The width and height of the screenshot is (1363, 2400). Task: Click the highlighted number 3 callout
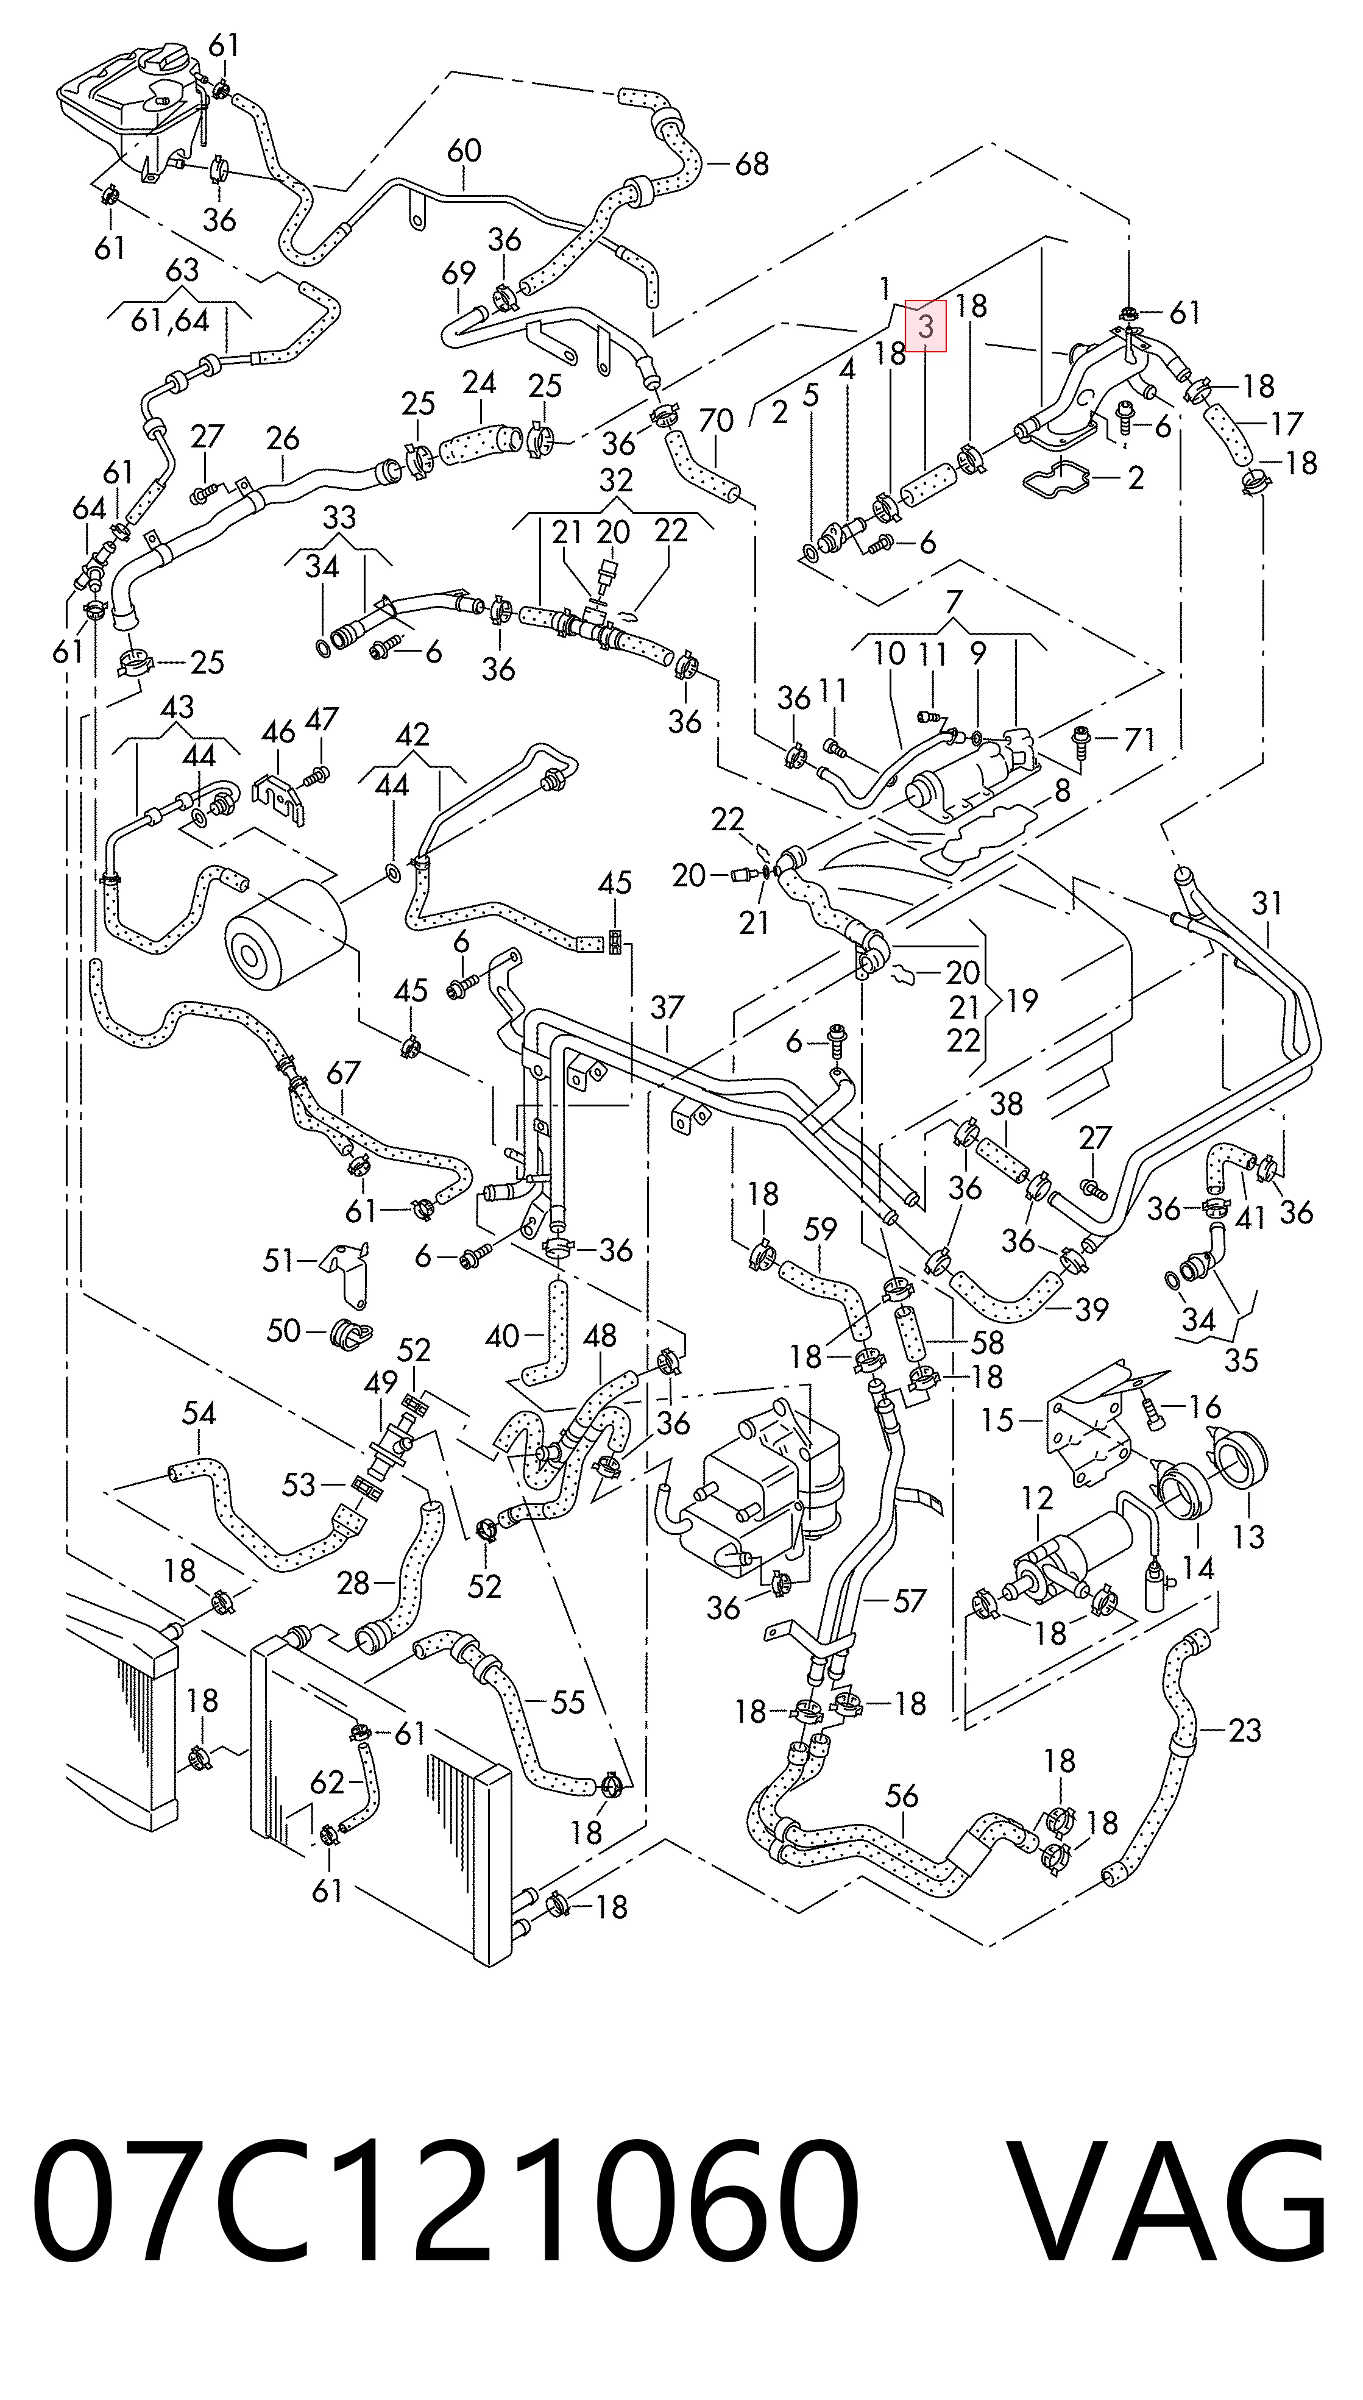[x=925, y=326]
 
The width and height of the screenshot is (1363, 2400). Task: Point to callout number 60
[x=464, y=151]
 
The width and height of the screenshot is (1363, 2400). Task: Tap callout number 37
[x=667, y=1008]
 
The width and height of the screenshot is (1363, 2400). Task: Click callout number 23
[x=1245, y=1731]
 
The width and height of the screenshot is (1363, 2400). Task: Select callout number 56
[x=902, y=1796]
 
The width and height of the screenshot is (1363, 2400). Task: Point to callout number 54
[x=199, y=1413]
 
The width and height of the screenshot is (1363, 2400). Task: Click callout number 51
[x=278, y=1261]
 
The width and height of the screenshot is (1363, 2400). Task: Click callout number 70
[x=716, y=421]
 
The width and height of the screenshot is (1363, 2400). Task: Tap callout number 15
[x=998, y=1420]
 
